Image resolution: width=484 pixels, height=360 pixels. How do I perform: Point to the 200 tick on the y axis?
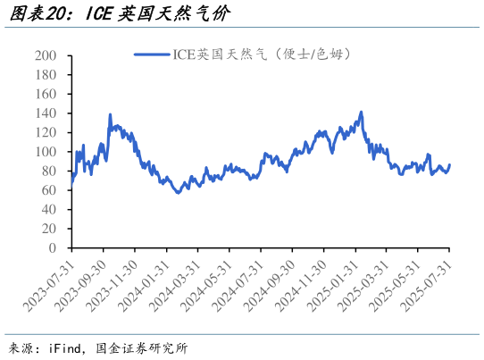[x=46, y=55]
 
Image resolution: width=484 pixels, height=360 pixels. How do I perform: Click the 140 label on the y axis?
[x=46, y=113]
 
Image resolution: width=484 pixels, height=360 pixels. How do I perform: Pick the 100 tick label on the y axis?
[x=46, y=152]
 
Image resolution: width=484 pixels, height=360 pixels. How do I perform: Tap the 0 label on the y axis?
[x=53, y=247]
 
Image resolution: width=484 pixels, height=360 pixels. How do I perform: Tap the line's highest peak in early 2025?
[x=361, y=113]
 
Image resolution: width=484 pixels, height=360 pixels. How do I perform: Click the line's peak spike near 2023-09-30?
[x=110, y=114]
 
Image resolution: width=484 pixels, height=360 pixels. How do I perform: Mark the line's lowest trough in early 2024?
[x=178, y=192]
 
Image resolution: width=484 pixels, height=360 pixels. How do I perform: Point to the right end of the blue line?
[x=449, y=164]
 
